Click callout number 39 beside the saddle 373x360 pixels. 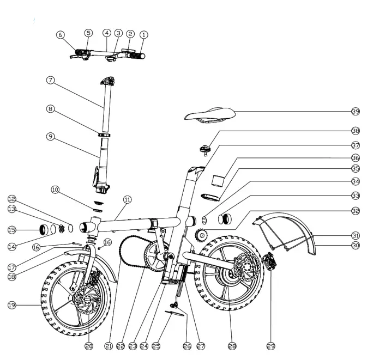356,111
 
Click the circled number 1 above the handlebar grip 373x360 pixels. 144,34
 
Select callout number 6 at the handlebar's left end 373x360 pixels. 61,34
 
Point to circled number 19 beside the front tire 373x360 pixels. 11,306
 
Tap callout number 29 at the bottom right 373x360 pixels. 271,345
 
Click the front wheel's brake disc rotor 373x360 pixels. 86,299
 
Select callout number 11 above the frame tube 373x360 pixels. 127,200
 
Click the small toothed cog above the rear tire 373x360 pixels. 202,235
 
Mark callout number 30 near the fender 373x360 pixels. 356,246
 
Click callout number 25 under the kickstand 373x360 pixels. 156,345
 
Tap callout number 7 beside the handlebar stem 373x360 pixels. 50,80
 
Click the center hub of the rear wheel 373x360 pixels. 229,278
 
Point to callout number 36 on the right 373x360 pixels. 356,157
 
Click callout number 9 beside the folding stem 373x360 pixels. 50,137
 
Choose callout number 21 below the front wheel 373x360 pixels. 108,345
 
